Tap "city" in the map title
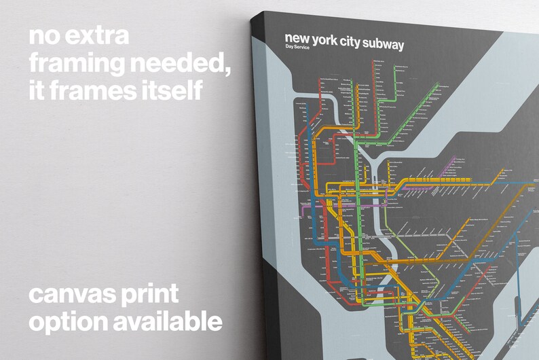pos(352,43)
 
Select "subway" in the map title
pos(384,45)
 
